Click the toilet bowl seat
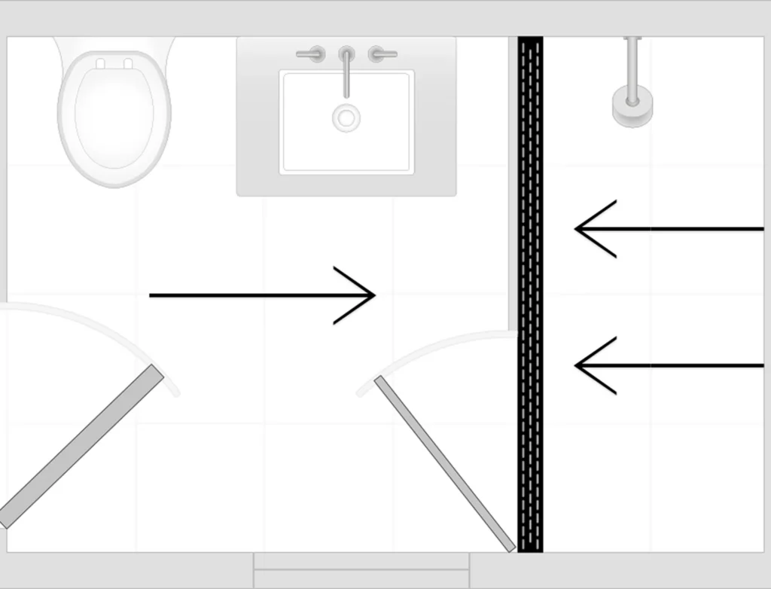[x=114, y=121]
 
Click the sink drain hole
[x=346, y=117]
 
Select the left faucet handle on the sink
[x=310, y=54]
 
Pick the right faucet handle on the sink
[x=382, y=54]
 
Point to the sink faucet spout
[x=346, y=75]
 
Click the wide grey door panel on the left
[x=83, y=444]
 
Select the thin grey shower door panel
[x=444, y=463]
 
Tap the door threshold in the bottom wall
[x=361, y=570]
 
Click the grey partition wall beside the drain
[x=513, y=181]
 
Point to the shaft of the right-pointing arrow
[x=241, y=295]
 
